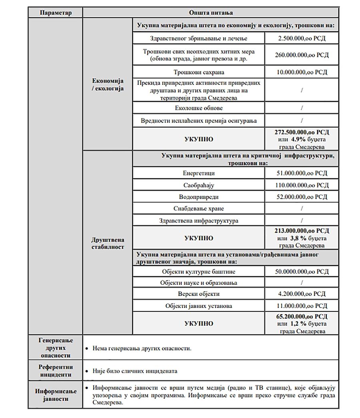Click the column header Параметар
point(56,13)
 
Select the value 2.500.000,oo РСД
point(302,38)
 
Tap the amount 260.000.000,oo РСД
point(302,55)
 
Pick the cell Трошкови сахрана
point(199,72)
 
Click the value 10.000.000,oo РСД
point(302,72)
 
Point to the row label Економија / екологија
point(108,84)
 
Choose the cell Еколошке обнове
point(199,108)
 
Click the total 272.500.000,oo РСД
point(302,132)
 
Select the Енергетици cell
point(199,173)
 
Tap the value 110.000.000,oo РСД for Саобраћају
point(302,185)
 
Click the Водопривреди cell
point(199,197)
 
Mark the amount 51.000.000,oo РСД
point(302,173)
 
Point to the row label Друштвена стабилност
point(108,242)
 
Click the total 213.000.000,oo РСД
point(302,231)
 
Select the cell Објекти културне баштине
point(199,271)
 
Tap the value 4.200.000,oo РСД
point(302,294)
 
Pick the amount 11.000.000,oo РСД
point(302,306)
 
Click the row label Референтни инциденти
point(56,371)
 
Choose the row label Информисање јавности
point(56,395)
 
